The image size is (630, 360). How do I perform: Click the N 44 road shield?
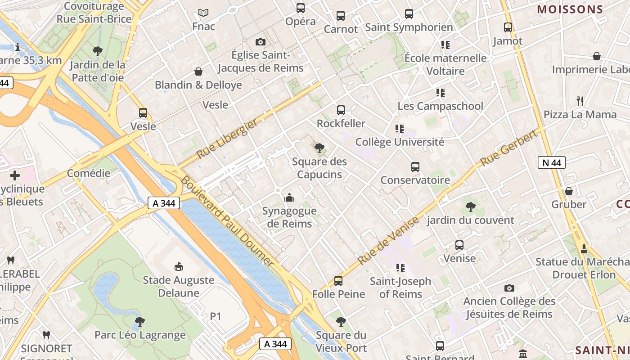point(551,162)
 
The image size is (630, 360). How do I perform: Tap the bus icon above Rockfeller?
point(341,110)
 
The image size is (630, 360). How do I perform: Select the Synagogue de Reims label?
point(289,217)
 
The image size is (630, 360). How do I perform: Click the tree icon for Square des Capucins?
point(319,148)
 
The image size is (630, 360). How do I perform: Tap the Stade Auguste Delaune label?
point(178,286)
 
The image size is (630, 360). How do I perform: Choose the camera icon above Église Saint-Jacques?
point(260,42)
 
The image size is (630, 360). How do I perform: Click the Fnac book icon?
point(203,13)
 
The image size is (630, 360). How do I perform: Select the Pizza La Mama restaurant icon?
point(580,101)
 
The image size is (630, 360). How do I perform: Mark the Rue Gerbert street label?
point(509,148)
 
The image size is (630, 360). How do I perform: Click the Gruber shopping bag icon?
point(569,191)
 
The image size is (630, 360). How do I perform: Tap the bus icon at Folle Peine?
point(338,281)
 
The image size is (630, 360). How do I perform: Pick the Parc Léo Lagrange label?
point(140,335)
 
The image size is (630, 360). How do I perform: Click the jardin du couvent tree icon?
point(471,207)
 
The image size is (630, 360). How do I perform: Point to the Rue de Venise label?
point(388,241)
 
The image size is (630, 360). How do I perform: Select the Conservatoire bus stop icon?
point(415,167)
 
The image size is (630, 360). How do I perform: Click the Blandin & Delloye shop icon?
point(198,72)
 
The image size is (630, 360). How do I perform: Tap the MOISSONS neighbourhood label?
point(570,9)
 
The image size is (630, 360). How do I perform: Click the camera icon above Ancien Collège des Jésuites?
point(509,288)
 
